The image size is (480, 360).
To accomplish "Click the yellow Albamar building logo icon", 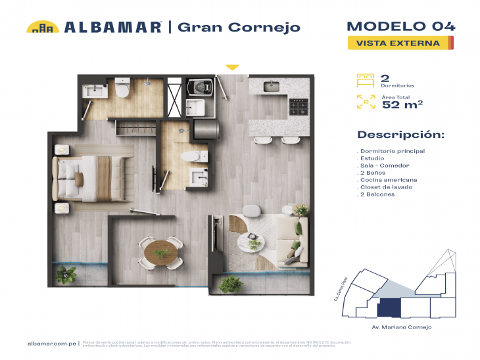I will pyautogui.click(x=43, y=27).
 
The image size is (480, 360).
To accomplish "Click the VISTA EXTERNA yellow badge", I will pyautogui.click(x=400, y=43).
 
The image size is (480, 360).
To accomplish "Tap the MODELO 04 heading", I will pyautogui.click(x=400, y=26).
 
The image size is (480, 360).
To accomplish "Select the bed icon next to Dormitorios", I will pyautogui.click(x=364, y=81).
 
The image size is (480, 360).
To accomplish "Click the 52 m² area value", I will pyautogui.click(x=402, y=103).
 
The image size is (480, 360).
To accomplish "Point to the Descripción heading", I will pyautogui.click(x=400, y=135).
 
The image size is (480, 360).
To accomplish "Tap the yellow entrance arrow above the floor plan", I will pyautogui.click(x=231, y=67).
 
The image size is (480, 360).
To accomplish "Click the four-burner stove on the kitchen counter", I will pyautogui.click(x=299, y=105).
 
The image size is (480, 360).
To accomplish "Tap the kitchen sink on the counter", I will pyautogui.click(x=272, y=86).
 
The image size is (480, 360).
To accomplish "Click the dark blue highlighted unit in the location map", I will pyautogui.click(x=388, y=307).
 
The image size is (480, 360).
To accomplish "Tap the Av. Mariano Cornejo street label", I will pyautogui.click(x=401, y=326).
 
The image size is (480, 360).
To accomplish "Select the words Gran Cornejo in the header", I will pyautogui.click(x=239, y=27).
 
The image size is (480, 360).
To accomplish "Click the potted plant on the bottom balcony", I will pyautogui.click(x=229, y=284).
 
